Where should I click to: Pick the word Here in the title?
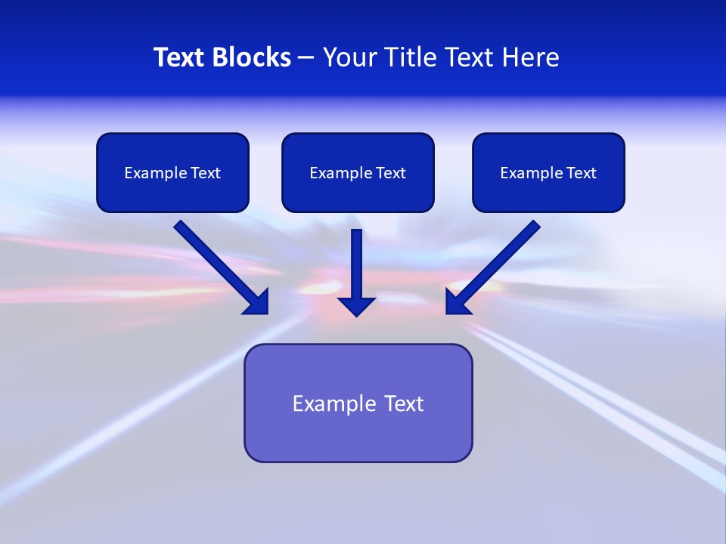[533, 57]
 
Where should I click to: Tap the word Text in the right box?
[582, 173]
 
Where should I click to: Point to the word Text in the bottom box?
[404, 403]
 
